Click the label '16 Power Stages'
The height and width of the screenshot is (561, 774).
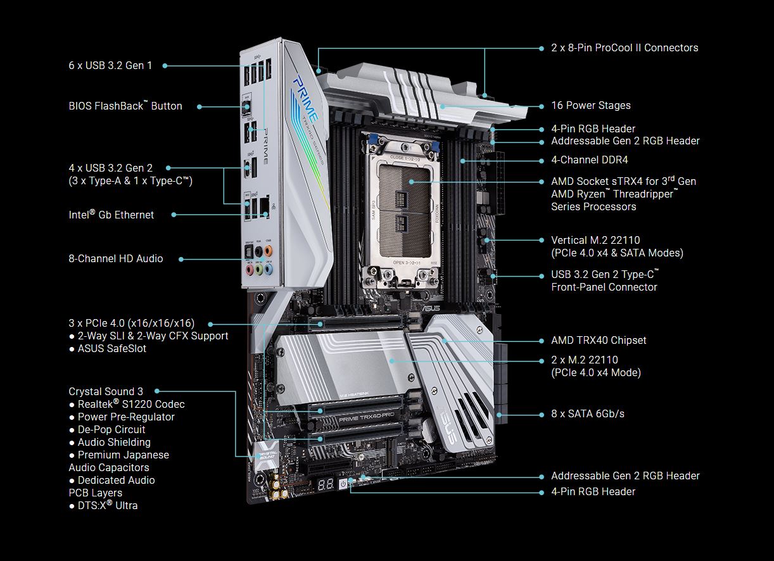590,105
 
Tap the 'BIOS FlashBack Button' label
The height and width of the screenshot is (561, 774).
125,106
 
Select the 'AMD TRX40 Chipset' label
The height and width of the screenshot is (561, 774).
599,340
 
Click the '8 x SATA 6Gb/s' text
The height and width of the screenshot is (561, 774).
588,413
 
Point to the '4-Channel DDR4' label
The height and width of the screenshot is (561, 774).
590,160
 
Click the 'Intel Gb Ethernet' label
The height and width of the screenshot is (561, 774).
111,215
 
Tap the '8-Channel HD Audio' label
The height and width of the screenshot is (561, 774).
116,258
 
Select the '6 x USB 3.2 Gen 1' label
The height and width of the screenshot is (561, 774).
110,65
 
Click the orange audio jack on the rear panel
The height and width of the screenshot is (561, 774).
268,250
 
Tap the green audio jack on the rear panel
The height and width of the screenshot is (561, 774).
259,269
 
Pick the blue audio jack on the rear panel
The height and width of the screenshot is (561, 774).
269,268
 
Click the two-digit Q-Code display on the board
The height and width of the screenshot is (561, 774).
325,484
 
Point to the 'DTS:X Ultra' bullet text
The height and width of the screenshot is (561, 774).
108,505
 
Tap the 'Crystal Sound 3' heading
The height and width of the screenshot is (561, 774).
106,391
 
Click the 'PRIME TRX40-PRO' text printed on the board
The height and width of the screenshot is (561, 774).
366,417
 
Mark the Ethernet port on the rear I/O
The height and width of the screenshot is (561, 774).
264,207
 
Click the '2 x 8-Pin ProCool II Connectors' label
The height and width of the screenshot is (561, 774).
625,47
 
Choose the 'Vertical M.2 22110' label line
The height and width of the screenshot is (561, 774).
595,240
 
